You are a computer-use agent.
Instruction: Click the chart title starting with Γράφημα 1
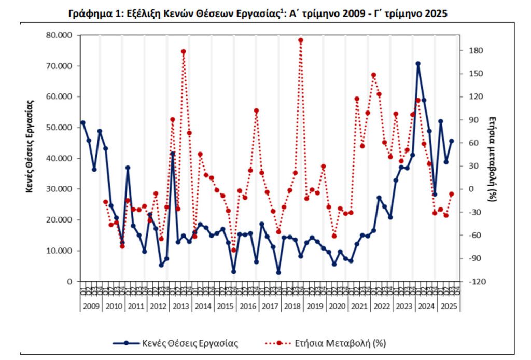258,14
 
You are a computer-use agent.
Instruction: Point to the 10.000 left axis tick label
61,251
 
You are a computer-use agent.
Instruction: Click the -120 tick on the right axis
475,281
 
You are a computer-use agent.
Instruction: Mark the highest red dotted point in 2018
301,40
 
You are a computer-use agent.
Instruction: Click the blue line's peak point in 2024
418,64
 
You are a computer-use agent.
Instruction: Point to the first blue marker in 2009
83,123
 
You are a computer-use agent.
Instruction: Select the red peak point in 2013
184,51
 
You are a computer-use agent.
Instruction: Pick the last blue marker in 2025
451,141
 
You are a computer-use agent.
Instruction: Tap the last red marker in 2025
451,194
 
